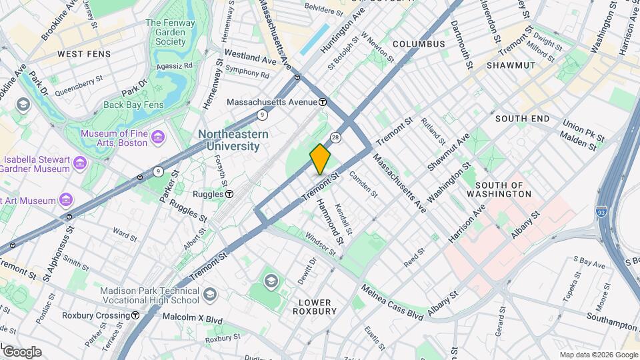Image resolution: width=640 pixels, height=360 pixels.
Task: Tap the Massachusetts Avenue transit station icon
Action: pos(323,102)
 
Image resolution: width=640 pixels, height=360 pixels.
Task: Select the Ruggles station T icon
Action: pos(229,194)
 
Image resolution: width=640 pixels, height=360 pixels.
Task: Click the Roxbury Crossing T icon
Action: pos(135,315)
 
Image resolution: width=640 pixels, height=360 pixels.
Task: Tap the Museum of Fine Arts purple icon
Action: pos(157,137)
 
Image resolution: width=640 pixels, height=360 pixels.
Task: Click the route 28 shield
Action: pos(336,137)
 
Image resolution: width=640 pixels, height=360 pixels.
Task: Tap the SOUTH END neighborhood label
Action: pos(522,119)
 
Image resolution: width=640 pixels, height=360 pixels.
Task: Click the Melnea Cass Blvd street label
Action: pos(391,303)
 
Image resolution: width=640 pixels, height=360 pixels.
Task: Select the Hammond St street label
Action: pos(330,221)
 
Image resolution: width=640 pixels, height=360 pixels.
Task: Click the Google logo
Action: pos(21,352)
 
